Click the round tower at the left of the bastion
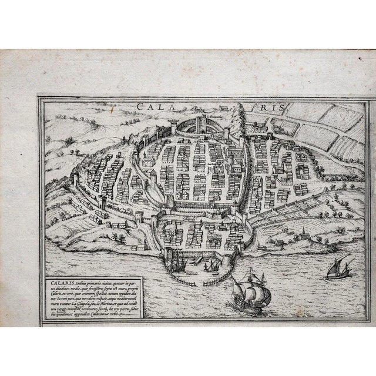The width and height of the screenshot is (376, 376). pyautogui.click(x=174, y=124)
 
